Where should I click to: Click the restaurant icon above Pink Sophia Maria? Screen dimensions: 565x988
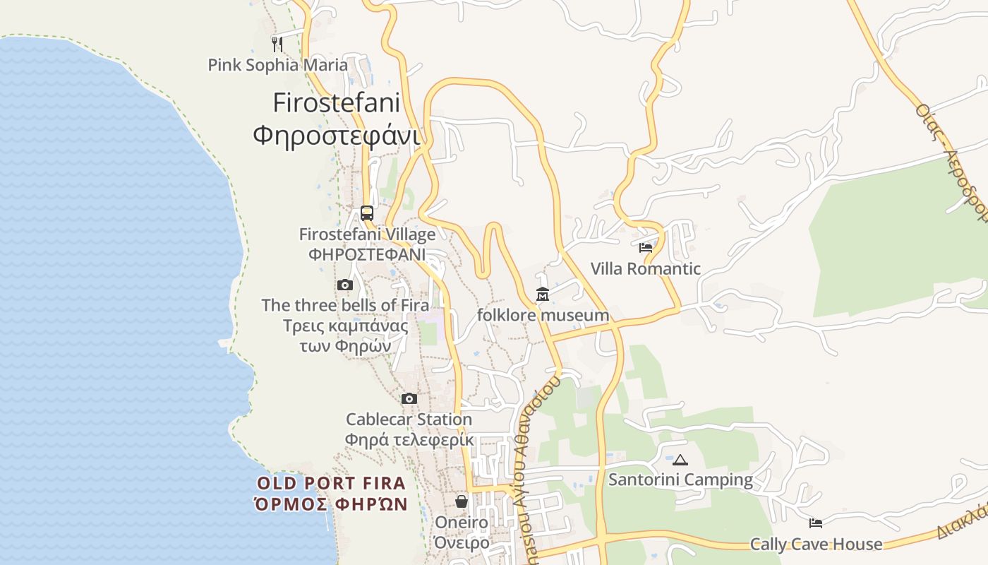click(277, 44)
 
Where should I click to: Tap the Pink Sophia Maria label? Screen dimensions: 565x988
click(277, 65)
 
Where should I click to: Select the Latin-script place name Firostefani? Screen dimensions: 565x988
click(336, 103)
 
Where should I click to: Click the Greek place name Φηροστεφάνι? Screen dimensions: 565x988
click(336, 134)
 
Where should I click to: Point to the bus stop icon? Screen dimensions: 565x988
click(366, 213)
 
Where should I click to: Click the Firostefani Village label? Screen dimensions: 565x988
click(367, 234)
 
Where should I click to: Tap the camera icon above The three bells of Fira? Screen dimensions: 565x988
click(345, 285)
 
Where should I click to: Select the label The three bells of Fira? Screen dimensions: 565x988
click(345, 305)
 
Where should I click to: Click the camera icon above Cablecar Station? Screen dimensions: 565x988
click(409, 399)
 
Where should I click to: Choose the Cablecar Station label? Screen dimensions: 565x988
click(409, 420)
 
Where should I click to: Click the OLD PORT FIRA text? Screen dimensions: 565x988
click(331, 484)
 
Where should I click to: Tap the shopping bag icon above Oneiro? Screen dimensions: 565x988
click(462, 501)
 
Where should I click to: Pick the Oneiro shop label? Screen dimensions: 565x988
click(462, 523)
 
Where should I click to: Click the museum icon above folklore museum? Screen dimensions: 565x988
click(543, 294)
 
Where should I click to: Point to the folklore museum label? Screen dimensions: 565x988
click(543, 315)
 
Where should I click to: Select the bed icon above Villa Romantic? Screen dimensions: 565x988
click(646, 248)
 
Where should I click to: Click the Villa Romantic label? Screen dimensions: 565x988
click(646, 268)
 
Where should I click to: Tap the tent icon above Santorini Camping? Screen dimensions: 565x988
click(680, 460)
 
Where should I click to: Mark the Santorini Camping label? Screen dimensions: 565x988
click(680, 480)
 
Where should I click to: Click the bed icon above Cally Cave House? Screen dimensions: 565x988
click(816, 523)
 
